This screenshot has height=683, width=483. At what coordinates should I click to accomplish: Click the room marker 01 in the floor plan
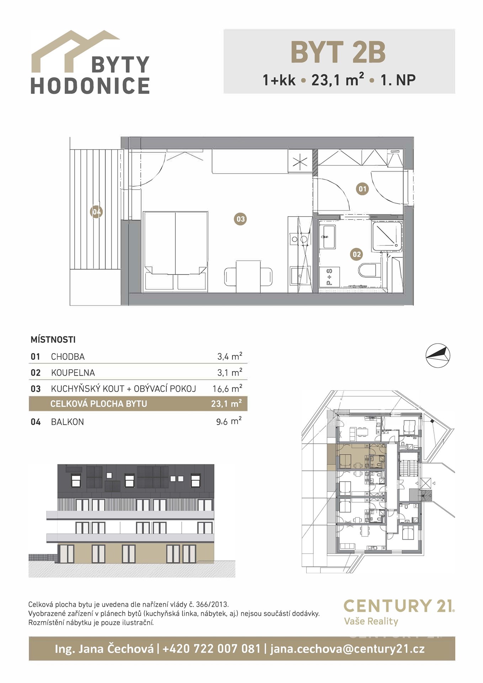coord(362,189)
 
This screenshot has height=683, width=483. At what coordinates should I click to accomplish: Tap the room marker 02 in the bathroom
coord(356,254)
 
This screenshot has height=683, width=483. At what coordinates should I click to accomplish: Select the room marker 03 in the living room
coord(241,219)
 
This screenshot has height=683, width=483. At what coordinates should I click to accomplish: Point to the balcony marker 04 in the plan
coord(96,212)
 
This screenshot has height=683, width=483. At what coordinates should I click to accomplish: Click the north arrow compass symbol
coord(438,355)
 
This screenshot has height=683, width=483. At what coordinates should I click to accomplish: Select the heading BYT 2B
coord(338,52)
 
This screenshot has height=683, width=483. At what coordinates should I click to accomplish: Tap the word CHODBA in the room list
coord(68,356)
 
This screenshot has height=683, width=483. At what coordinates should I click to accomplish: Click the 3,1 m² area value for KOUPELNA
coord(230,372)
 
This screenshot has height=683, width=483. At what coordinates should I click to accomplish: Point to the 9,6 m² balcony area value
coord(229,422)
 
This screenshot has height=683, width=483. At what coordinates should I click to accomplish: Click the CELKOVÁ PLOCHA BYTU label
coord(99,404)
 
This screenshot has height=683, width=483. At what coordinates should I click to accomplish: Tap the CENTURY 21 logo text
coord(399,605)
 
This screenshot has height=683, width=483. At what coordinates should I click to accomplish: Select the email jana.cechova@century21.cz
coord(347,649)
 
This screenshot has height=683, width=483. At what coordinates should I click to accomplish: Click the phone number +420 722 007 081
coord(212,648)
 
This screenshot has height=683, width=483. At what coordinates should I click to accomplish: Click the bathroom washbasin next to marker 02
coord(328,237)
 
